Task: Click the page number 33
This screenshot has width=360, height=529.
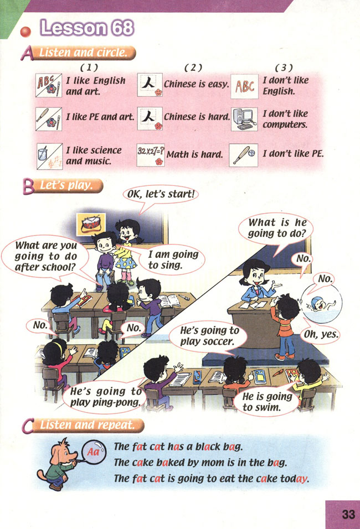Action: click(x=348, y=515)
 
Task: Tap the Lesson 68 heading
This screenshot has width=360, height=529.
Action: click(x=87, y=27)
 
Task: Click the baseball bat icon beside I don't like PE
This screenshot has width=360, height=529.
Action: click(x=244, y=153)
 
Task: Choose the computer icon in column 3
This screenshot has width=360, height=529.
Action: click(x=244, y=119)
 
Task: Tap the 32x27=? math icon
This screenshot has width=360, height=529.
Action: click(x=150, y=153)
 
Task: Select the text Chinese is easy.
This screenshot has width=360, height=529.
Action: click(x=196, y=85)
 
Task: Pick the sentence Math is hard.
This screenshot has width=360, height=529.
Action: click(x=194, y=154)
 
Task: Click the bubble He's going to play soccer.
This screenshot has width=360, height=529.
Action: click(x=209, y=335)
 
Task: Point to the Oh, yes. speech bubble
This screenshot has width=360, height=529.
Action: click(x=321, y=334)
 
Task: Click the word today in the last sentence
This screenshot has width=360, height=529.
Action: click(x=293, y=479)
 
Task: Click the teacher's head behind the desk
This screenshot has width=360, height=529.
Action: click(x=256, y=272)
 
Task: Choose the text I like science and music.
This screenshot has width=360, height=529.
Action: click(x=94, y=155)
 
